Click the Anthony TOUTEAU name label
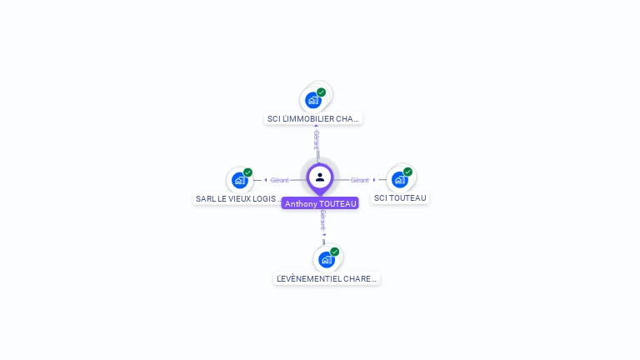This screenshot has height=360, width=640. (320, 203)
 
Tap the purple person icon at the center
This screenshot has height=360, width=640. (320, 177)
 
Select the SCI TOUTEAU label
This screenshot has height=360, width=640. (400, 198)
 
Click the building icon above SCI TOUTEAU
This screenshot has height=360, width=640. (399, 179)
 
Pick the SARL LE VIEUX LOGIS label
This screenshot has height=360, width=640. (238, 199)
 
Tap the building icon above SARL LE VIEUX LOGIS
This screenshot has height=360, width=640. (239, 180)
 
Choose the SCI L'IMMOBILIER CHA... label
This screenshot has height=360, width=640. (312, 119)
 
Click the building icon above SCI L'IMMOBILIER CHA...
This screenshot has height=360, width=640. (312, 100)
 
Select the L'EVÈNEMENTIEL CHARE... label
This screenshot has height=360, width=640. (327, 279)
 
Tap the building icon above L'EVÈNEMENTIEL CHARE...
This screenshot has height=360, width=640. (326, 259)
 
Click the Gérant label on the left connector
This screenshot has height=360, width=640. (279, 180)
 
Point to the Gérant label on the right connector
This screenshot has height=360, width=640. (359, 180)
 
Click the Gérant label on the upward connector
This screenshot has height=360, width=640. (317, 139)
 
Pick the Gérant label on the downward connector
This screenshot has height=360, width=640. (322, 220)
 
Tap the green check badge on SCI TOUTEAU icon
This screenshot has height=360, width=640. (407, 172)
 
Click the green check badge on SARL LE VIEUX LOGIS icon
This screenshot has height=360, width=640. (247, 172)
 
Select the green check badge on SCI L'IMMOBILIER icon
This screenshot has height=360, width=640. (321, 92)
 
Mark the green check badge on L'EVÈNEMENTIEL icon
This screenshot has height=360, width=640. (334, 252)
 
